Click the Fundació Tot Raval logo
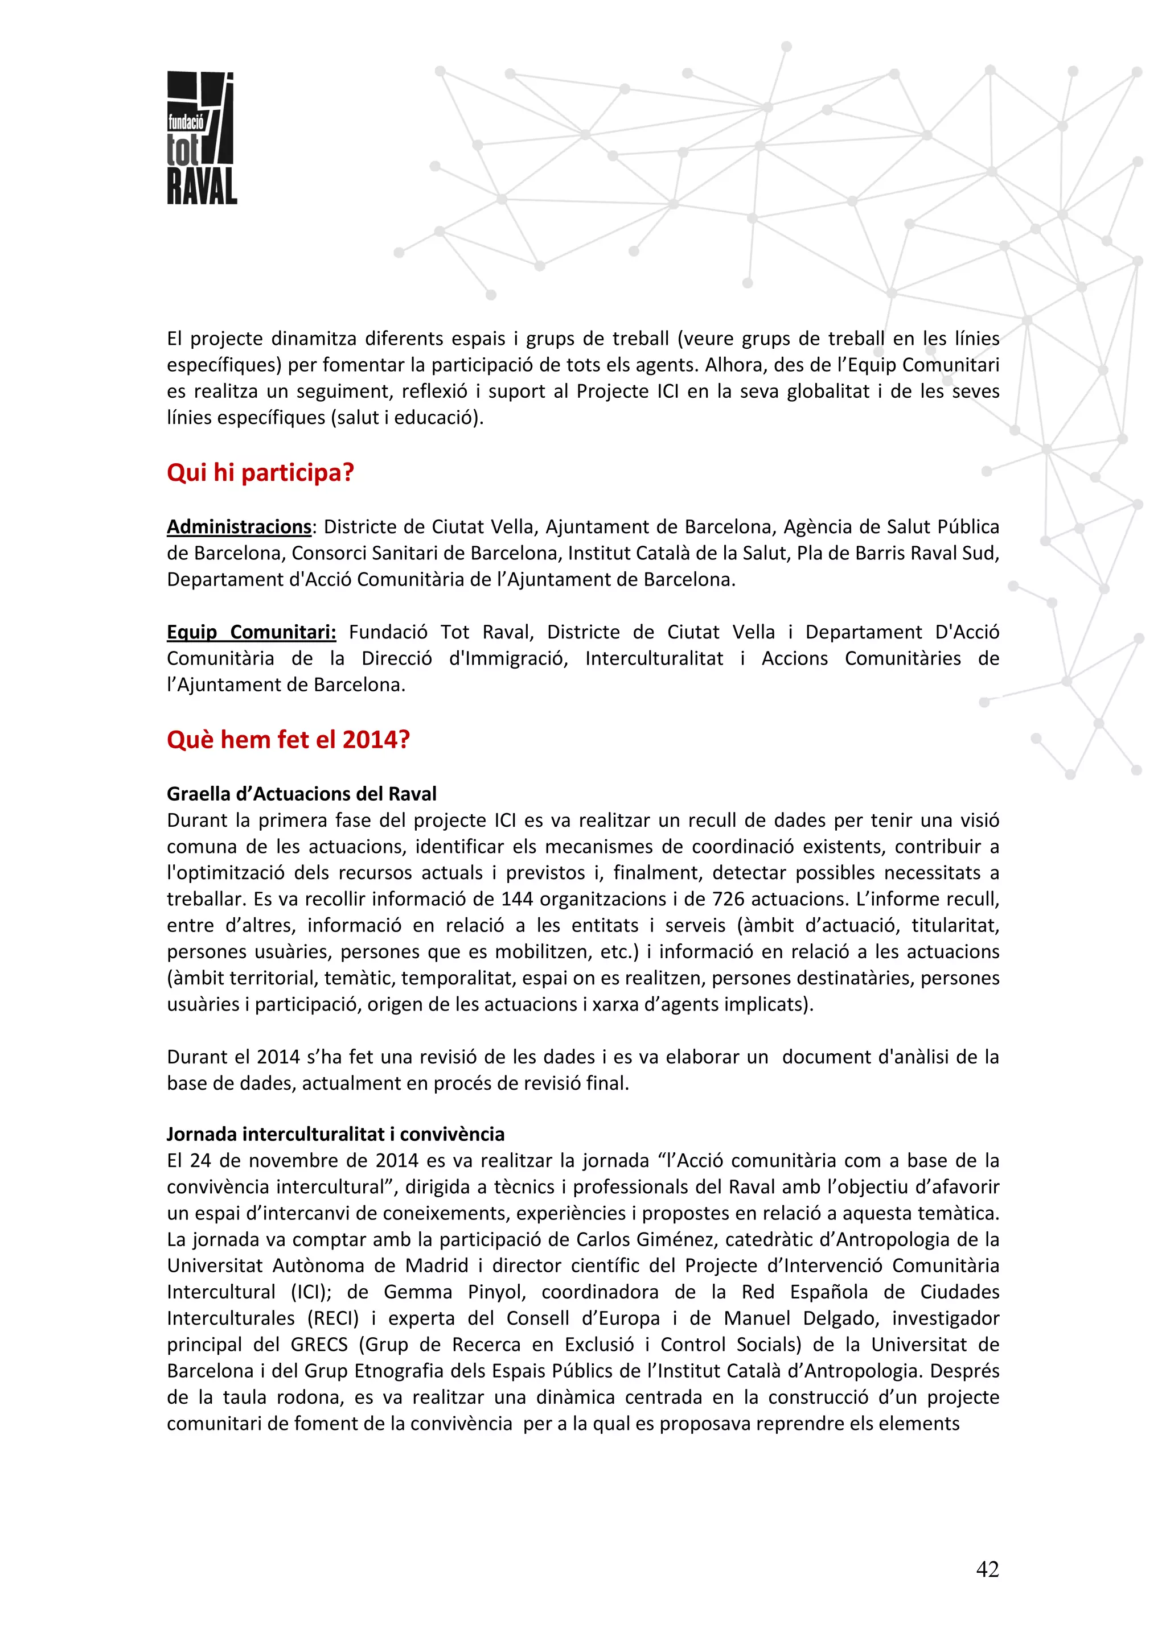pos(201,138)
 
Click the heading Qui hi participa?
pos(260,473)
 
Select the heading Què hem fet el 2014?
pos(288,739)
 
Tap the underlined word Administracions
pos(239,526)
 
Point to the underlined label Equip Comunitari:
pos(252,632)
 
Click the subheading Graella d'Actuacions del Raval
pos(302,794)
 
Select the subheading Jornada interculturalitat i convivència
pos(335,1134)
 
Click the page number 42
pos(987,1569)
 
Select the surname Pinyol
pos(496,1292)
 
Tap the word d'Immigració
pos(508,658)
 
